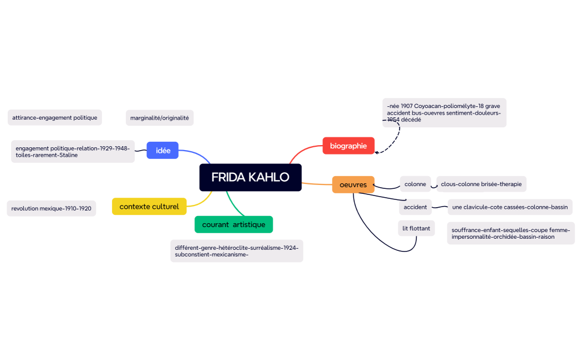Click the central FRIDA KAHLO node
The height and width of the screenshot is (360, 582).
pos(250,177)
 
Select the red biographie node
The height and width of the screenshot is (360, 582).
pos(348,146)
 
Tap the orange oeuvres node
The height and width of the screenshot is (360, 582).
pos(353,184)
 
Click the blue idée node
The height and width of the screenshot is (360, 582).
pos(162,150)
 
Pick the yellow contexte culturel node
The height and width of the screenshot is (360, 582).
pos(149,207)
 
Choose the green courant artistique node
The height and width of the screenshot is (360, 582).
pos(233,224)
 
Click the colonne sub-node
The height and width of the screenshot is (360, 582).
pos(415,184)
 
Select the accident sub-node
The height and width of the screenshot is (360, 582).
pos(415,207)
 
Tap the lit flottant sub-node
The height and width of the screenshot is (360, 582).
pos(416,228)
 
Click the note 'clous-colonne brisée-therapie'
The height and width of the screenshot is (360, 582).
pos(481,184)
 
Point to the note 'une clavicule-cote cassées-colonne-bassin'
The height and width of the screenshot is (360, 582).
pos(509,207)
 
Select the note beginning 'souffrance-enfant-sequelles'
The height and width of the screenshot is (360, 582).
pos(510,233)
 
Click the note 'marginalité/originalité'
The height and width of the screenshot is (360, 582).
pos(160,117)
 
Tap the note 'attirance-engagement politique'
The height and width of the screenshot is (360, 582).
pos(54,117)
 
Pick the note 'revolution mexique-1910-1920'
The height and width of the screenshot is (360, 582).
pos(51,208)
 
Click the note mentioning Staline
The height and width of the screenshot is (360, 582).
pos(73,151)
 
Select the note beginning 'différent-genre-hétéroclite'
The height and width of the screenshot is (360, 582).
pos(236,251)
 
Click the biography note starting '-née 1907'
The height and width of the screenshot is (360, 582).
pos(444,112)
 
